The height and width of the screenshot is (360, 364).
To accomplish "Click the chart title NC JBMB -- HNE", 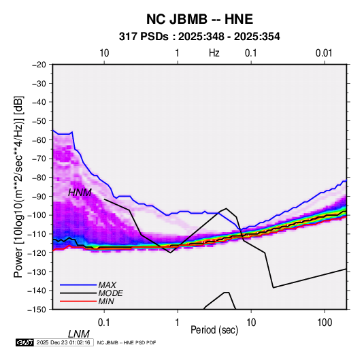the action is click(199, 19).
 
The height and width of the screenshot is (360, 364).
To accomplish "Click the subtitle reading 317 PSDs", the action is click(144, 37).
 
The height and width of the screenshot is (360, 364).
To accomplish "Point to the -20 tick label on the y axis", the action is click(39, 65).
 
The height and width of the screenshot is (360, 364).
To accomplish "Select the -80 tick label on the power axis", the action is click(39, 178).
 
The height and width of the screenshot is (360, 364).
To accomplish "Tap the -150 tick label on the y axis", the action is click(37, 310).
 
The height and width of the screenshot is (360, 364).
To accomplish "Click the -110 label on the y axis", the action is click(37, 234).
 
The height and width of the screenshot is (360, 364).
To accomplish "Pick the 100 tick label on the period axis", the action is click(325, 323).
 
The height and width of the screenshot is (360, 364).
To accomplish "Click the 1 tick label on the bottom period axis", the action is click(178, 323).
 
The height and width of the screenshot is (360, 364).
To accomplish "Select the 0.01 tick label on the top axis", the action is click(324, 53).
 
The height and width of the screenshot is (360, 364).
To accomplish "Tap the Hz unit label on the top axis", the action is click(214, 53).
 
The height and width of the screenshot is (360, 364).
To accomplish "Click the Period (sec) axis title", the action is click(214, 330).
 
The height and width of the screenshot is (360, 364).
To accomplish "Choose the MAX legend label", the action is click(107, 284).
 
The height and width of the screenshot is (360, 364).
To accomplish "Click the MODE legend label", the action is click(110, 293).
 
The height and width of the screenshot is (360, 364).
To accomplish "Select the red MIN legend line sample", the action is click(78, 301).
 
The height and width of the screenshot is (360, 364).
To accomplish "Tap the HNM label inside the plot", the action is click(80, 193).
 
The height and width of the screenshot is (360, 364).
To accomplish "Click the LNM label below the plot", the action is click(79, 334).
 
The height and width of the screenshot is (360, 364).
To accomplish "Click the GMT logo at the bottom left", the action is click(25, 342).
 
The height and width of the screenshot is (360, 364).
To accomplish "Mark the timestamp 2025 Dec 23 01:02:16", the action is click(63, 342).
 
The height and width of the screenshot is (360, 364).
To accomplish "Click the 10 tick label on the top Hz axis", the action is click(104, 53).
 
